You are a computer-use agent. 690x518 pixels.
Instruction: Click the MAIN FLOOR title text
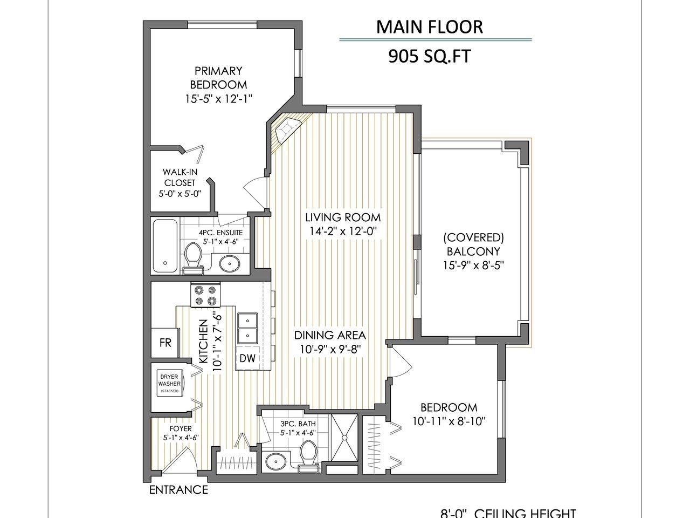click(429, 27)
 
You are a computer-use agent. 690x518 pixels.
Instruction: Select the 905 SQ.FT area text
click(429, 56)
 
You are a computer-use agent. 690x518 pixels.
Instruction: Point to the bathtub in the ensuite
click(165, 246)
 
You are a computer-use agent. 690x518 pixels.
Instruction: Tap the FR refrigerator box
click(165, 342)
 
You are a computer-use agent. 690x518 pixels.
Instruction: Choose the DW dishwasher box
click(247, 358)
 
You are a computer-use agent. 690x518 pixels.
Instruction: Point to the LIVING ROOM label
click(343, 217)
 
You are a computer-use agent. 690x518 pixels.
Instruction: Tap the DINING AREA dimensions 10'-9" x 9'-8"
click(330, 349)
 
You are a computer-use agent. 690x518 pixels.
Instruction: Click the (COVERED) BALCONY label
click(473, 244)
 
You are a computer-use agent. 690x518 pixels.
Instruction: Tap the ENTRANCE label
click(178, 490)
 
